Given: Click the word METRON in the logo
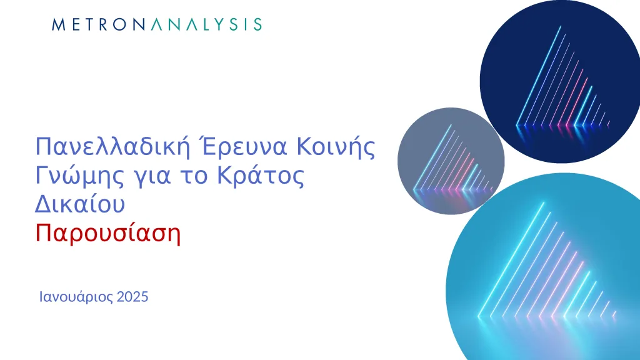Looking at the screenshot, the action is [x=98, y=24].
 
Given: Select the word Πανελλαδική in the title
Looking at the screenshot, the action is [x=113, y=147].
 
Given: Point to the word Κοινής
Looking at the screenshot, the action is [x=336, y=147].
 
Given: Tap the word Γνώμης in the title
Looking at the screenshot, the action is [x=79, y=177].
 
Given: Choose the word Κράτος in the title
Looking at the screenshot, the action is [x=261, y=176].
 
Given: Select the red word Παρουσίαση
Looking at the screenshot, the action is [x=107, y=234].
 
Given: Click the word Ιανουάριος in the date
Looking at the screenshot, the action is [x=76, y=297].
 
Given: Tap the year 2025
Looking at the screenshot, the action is [x=132, y=297].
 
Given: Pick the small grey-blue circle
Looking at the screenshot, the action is [x=451, y=161].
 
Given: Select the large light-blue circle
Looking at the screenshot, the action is [x=543, y=269].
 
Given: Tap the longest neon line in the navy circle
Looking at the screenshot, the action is [x=538, y=76].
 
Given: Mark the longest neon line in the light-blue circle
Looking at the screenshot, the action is [x=511, y=259].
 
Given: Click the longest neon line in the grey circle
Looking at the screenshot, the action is [x=432, y=158].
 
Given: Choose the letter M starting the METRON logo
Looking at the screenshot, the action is [x=59, y=24].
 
